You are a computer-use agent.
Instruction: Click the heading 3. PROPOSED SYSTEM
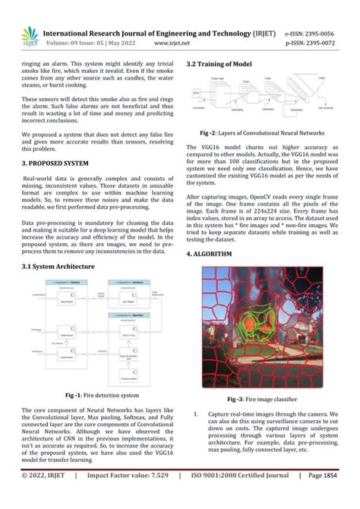tap(55, 163)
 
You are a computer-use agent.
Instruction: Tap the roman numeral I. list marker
tap(196, 415)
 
